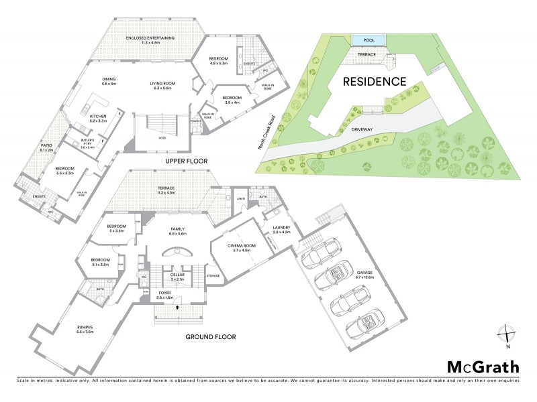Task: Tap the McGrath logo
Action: point(483,366)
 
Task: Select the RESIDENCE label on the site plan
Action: point(375,82)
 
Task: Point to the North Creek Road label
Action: point(271,131)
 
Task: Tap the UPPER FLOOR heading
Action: point(186,161)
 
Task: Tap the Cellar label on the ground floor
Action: point(177,277)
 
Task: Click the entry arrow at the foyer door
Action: point(177,307)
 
